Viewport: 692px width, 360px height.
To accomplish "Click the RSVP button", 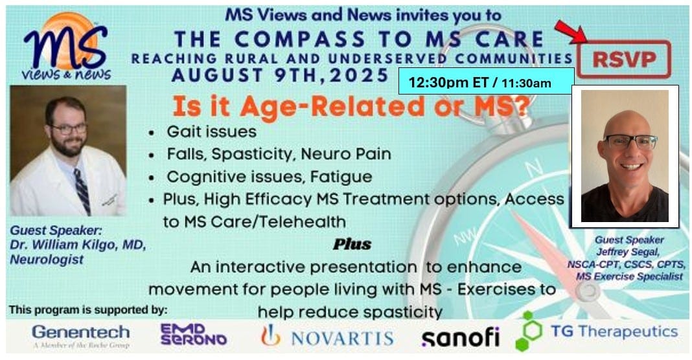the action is point(623,59).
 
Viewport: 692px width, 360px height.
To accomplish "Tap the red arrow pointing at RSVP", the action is point(570,32).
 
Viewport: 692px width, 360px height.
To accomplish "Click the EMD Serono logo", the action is point(193,335).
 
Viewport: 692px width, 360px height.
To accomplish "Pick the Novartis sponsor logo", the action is point(327,337).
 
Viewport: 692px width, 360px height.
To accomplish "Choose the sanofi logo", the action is point(460,337).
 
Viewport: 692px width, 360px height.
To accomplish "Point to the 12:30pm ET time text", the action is point(447,82).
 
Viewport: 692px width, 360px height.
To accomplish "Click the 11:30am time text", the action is point(526,83).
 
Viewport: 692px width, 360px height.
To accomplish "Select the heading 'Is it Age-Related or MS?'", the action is point(351,107).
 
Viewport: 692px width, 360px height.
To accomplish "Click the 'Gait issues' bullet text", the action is point(211,131).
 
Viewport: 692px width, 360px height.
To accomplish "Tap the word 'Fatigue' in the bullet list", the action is point(341,177).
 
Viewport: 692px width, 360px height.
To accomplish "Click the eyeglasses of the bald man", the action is point(630,142).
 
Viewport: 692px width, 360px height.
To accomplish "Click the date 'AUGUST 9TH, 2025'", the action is point(281,76).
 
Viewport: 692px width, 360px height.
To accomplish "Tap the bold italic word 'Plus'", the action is point(352,244).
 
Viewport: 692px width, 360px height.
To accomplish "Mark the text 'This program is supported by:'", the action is point(88,309).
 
